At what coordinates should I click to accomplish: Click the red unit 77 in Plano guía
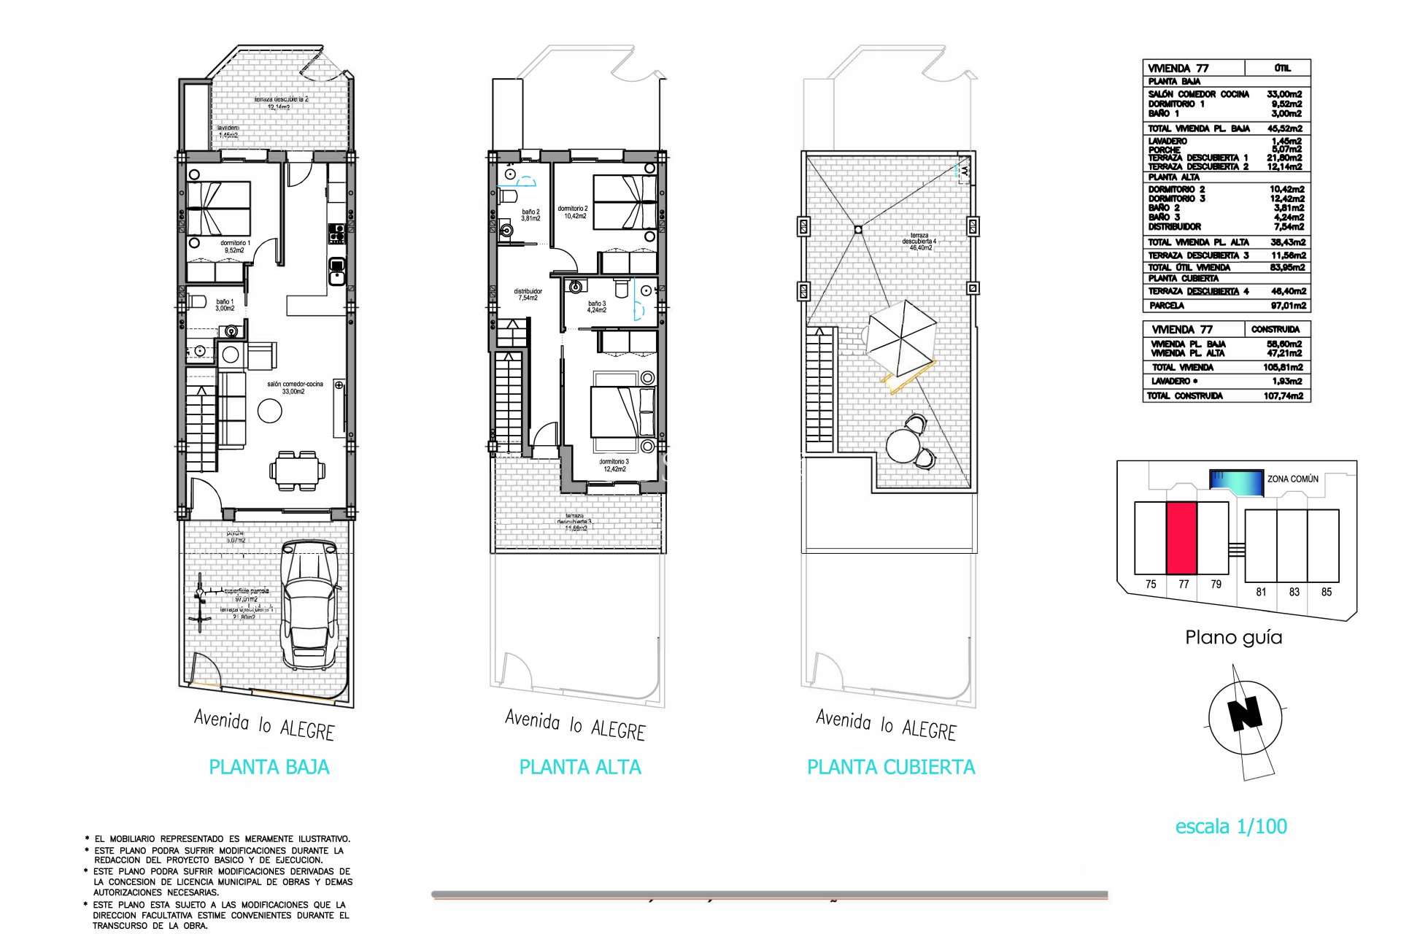pos(1181,538)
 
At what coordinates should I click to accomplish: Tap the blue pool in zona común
pos(1236,481)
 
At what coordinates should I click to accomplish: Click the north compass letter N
pos(1246,714)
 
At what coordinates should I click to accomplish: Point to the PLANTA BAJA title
pos(269,767)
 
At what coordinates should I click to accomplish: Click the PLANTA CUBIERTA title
pos(890,767)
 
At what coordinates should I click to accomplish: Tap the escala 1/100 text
pos(1230,827)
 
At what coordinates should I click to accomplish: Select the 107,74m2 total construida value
pos(1283,395)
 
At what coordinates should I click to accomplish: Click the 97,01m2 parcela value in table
pos(1288,306)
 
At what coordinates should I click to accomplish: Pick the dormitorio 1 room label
pos(235,247)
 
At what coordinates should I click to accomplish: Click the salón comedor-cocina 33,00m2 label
pos(294,387)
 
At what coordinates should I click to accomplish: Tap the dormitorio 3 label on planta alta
pos(614,465)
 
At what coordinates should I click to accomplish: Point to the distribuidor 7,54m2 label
pos(528,294)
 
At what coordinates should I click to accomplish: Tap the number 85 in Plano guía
pos(1326,592)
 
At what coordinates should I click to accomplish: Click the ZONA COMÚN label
pos(1292,479)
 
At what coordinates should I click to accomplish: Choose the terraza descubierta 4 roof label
pos(919,242)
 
